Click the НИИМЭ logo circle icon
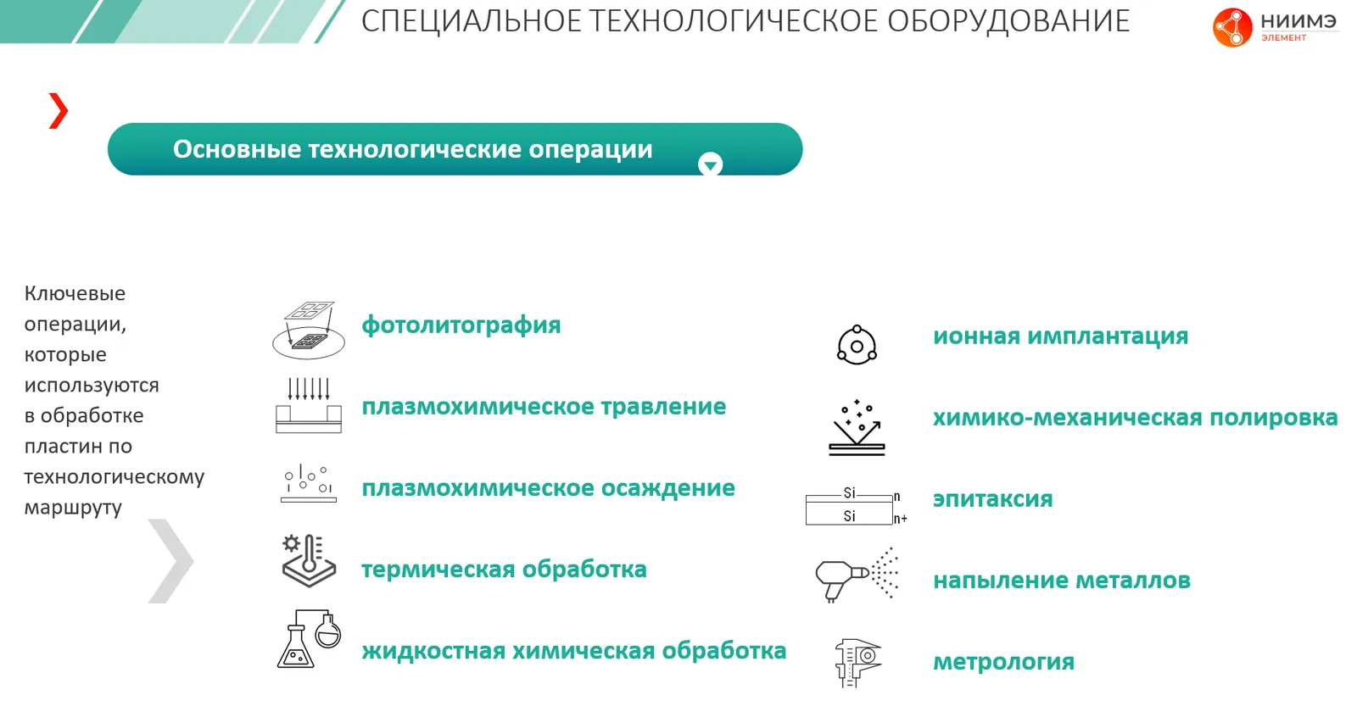(1232, 27)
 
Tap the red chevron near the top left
(59, 111)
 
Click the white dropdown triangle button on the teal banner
(710, 164)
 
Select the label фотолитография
(461, 325)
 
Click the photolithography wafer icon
(309, 330)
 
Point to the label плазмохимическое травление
(544, 406)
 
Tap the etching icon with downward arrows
(309, 406)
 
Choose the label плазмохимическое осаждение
(548, 487)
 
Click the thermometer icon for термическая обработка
(309, 561)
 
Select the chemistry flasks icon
(309, 639)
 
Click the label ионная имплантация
(1060, 336)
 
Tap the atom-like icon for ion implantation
(857, 345)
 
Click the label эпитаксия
(993, 499)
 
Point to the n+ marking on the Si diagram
(900, 519)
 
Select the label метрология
(1004, 662)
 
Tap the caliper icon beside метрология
(857, 663)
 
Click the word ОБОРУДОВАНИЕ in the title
(1008, 21)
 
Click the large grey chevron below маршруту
(171, 561)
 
